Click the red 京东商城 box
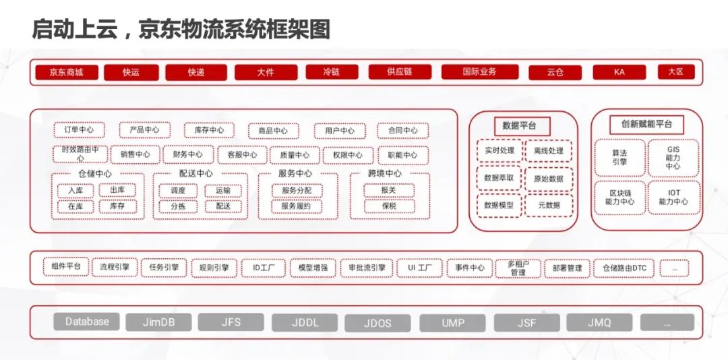point(66,72)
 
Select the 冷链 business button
point(331,71)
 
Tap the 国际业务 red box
point(479,71)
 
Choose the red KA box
point(619,71)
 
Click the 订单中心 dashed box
point(79,130)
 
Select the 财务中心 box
point(187,155)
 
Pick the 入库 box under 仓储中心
point(75,191)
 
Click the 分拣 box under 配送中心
point(178,206)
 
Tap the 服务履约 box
point(297,206)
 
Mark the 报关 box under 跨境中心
point(389,191)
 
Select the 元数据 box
point(549,205)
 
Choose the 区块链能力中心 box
point(618,197)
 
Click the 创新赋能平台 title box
point(646,125)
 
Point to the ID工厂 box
point(264,268)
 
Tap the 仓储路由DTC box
point(624,268)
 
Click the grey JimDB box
point(158,322)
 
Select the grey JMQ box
point(599,323)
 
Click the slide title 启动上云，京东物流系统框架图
point(181,29)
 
